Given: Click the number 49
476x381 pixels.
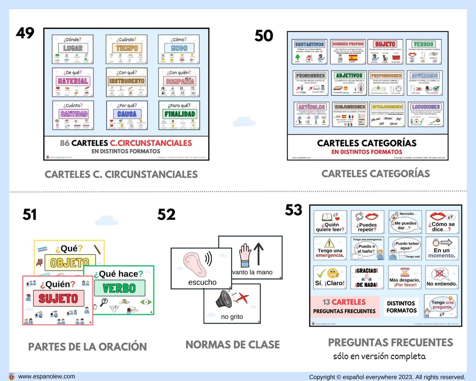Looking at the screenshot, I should click(25, 33).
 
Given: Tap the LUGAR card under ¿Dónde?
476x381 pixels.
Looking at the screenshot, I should click(73, 49).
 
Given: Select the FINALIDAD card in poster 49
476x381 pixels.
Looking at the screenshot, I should click(179, 115).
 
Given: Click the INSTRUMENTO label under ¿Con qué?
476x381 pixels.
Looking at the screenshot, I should click(126, 81).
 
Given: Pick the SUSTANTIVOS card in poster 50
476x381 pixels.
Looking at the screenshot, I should click(309, 51).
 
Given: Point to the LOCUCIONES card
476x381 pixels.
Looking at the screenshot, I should click(425, 114).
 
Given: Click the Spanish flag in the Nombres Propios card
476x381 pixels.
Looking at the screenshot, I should click(353, 58).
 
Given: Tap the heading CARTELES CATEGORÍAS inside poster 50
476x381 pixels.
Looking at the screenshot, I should click(367, 143).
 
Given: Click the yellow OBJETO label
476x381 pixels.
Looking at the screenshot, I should click(70, 263).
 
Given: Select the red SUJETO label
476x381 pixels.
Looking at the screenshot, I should click(58, 299).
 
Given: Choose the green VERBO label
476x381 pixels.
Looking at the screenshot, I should click(119, 288).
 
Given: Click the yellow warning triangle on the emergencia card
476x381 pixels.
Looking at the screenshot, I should click(329, 243).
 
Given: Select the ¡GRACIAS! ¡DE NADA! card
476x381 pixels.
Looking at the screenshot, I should click(367, 277).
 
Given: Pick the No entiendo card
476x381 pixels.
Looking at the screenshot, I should click(442, 277).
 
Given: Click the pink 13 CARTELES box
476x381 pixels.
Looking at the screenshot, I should click(344, 306).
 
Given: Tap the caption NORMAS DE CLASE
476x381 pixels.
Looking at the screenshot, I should click(232, 345).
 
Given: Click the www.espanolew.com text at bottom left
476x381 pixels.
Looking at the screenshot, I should click(46, 376).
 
